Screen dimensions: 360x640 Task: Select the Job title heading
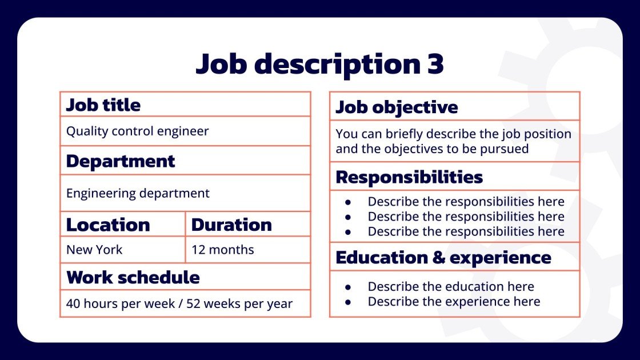tap(103, 105)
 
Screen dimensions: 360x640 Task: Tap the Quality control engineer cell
tap(138, 131)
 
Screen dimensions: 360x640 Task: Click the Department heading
tap(121, 161)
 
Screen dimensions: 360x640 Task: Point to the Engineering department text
tap(138, 194)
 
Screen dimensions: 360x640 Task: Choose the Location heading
tap(108, 225)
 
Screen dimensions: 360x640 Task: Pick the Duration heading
tap(231, 225)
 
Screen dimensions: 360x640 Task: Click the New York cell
tap(94, 250)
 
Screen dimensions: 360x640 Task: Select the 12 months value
tap(223, 250)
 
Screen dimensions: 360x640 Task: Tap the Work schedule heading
tap(133, 278)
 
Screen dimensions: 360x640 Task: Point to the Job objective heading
tap(397, 107)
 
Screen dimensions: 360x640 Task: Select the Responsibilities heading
tap(409, 177)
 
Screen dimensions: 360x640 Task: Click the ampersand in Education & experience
tap(439, 258)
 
